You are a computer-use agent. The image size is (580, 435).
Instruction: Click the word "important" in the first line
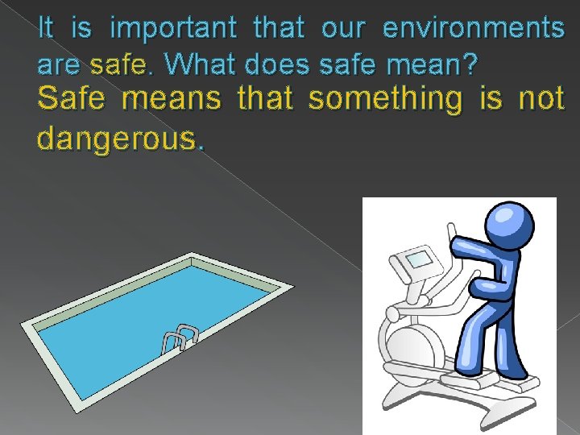173,30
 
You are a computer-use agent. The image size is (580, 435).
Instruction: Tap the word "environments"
474,29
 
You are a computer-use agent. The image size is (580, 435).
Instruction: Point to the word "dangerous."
121,139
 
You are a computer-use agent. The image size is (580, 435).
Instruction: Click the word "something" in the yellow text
387,100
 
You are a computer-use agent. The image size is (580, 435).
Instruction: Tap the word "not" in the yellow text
541,100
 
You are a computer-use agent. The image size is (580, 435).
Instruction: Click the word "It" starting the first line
46,29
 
